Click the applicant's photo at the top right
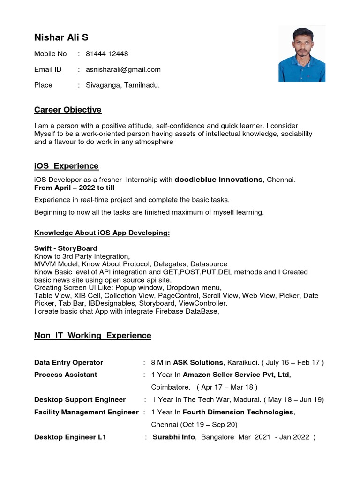coord(302,54)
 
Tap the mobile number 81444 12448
coord(107,54)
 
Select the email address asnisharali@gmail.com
coord(123,69)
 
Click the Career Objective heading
coord(67,110)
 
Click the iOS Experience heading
coord(66,166)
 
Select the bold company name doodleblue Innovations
coord(218,180)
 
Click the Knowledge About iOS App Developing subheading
coord(102,233)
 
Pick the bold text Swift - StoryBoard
coord(66,248)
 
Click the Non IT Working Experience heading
coord(92,335)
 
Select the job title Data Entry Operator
coord(68,362)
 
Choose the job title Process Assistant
coord(66,375)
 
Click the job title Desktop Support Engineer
coord(80,399)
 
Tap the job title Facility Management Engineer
coord(86,412)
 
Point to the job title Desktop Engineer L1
coord(70,437)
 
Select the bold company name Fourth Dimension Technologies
coord(238,412)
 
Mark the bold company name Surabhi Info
coord(173,437)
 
